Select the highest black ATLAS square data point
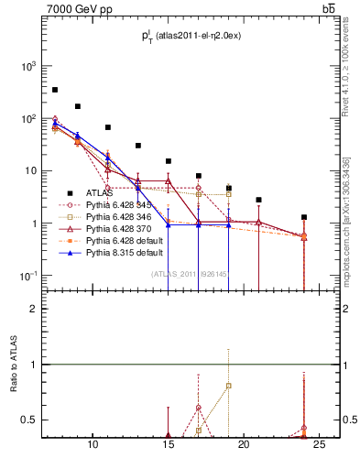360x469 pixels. pyautogui.click(x=55, y=90)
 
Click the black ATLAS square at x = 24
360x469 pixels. pyautogui.click(x=304, y=217)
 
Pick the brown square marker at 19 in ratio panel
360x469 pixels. pyautogui.click(x=229, y=385)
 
